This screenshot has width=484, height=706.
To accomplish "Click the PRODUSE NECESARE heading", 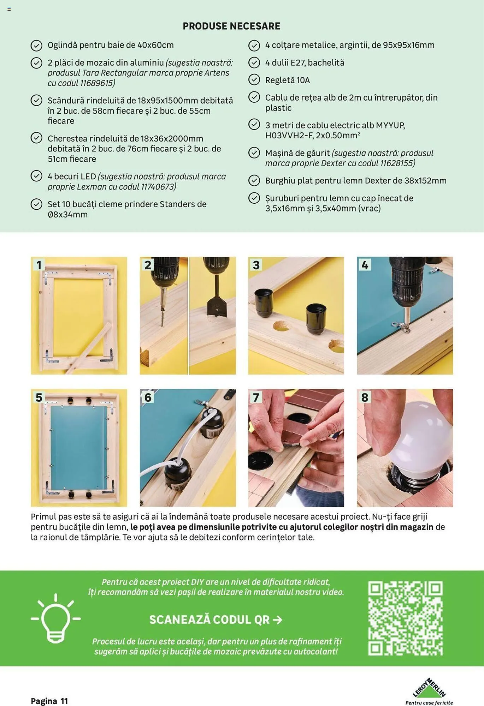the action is [x=231, y=26].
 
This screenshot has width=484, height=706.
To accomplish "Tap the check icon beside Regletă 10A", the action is [x=254, y=80].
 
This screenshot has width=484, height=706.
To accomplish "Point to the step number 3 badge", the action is [x=256, y=265].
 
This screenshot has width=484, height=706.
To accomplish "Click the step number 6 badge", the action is [x=148, y=397].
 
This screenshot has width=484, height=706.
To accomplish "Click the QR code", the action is [x=405, y=618].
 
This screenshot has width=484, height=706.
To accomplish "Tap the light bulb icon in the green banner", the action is [x=55, y=618].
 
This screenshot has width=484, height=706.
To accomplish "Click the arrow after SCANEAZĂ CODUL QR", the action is [x=278, y=620].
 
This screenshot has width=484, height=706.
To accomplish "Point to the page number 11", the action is [x=64, y=701].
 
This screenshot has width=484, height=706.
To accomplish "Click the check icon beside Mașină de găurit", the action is [x=254, y=152].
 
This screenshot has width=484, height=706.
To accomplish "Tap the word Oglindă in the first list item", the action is [x=62, y=45].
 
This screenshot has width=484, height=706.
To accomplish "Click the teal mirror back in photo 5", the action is [x=79, y=448].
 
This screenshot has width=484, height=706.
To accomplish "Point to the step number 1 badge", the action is [x=39, y=265].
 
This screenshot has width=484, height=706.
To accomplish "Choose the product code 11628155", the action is [x=396, y=163].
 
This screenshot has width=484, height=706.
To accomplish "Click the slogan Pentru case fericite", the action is [x=429, y=702].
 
